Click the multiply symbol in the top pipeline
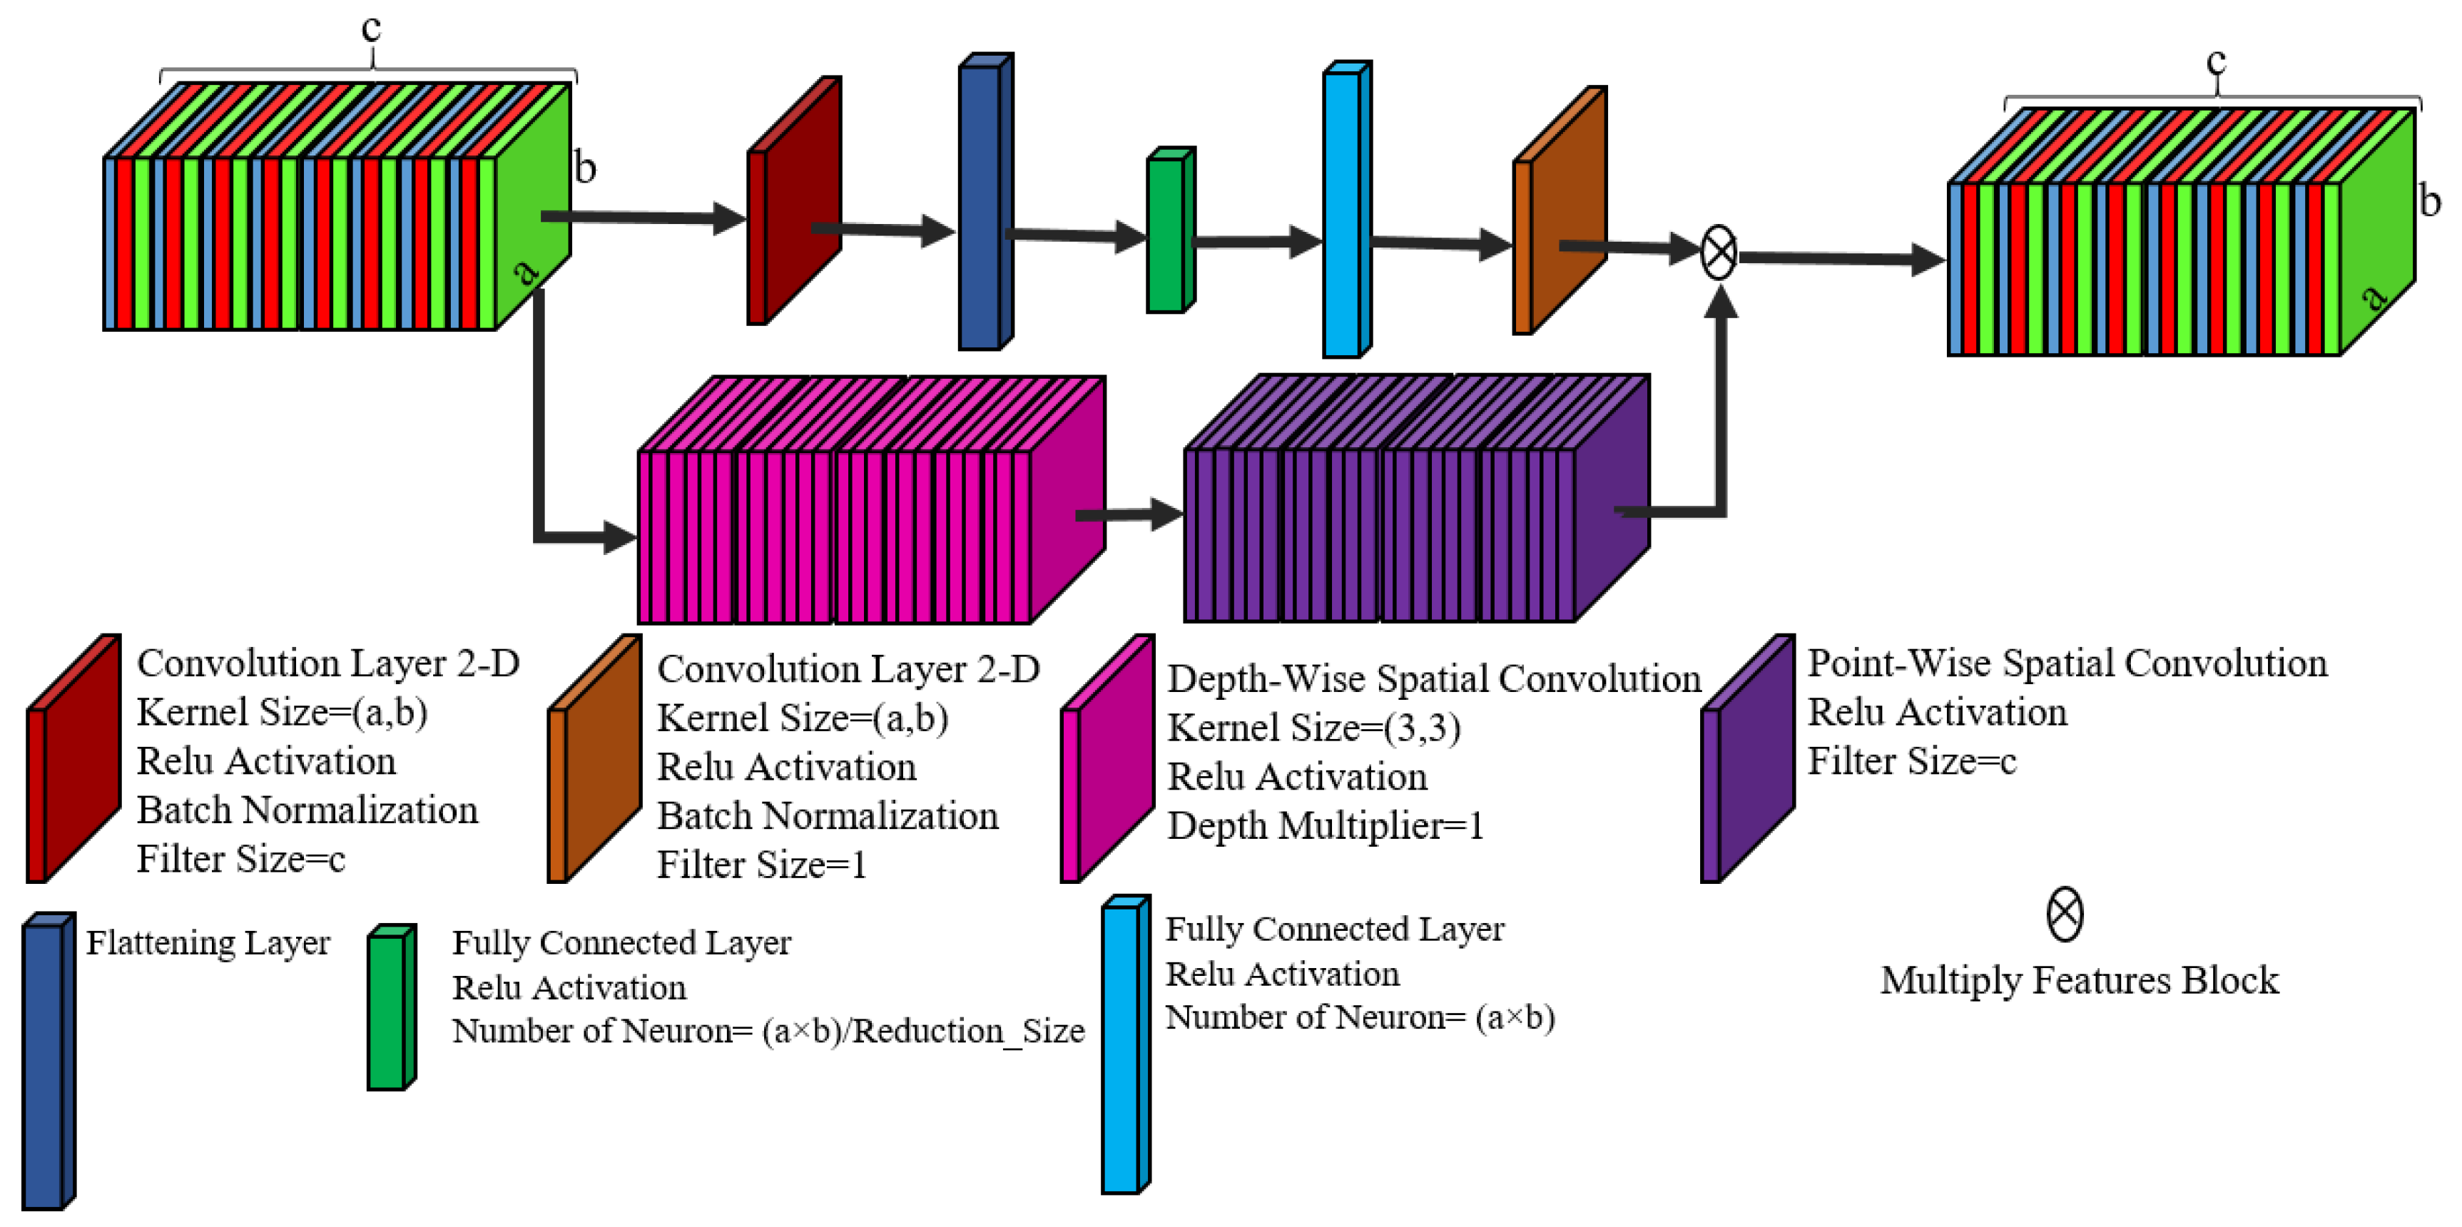click(1719, 253)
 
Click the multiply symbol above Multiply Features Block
click(2065, 915)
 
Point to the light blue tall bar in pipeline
click(1346, 210)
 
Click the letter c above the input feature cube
click(371, 29)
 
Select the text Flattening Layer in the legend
click(208, 943)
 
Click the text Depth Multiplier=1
click(1325, 825)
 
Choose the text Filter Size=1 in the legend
click(761, 865)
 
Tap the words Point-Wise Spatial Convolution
click(2066, 663)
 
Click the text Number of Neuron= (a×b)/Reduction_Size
click(768, 1031)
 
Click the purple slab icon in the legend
click(1747, 760)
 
